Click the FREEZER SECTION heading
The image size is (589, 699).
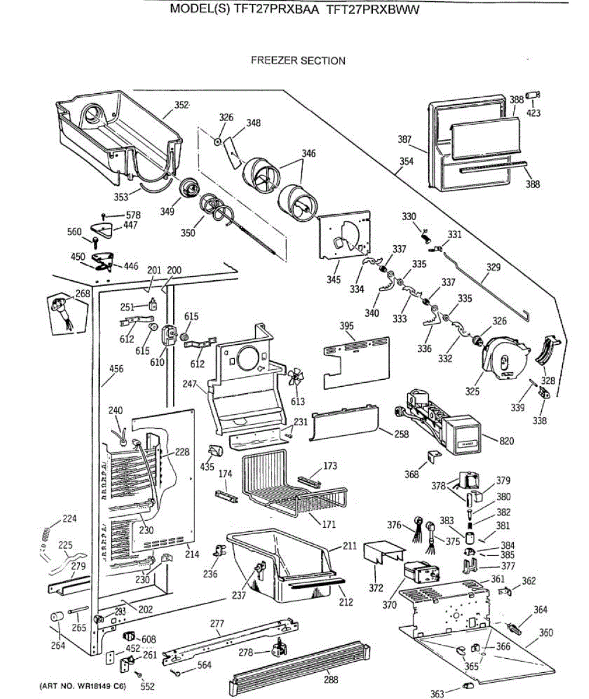(298, 61)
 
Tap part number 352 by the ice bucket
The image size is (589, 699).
(182, 105)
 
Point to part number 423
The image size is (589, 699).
(533, 113)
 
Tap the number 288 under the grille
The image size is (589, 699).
(331, 679)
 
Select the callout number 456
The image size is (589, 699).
(117, 369)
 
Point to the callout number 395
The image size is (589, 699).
(347, 326)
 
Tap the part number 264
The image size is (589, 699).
(57, 645)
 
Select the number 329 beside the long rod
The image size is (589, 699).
(493, 267)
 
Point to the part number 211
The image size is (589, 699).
(350, 546)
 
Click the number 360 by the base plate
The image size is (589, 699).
(546, 633)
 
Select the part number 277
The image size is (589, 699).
(217, 624)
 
